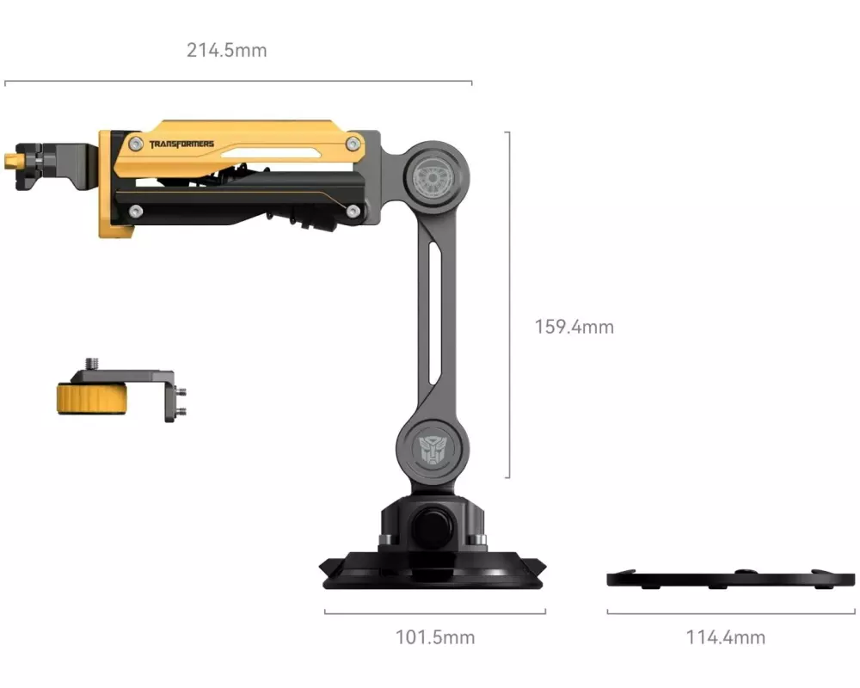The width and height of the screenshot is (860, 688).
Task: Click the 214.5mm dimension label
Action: tap(226, 51)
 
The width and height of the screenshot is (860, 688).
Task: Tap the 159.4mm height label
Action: tap(574, 327)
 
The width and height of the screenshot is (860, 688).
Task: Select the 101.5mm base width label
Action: tap(435, 637)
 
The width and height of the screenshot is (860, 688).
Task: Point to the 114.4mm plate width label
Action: tap(726, 637)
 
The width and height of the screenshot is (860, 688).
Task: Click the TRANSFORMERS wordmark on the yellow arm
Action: tap(181, 144)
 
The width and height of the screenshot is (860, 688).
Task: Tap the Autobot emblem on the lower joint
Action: tap(433, 450)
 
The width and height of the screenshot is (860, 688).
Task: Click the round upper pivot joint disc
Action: tap(433, 177)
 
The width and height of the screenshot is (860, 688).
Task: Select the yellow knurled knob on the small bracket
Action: tap(92, 398)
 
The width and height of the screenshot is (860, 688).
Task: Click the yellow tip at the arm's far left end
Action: tap(9, 162)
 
